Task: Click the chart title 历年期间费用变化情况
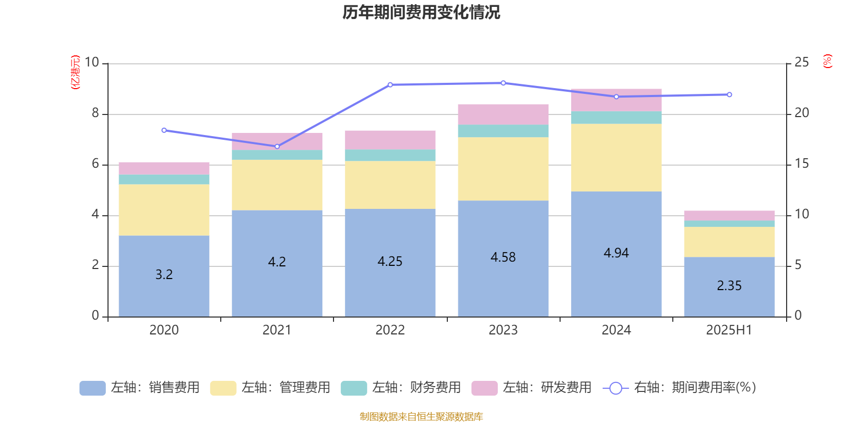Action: [421, 12]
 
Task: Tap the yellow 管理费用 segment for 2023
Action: [503, 169]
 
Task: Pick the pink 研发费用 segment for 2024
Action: [616, 100]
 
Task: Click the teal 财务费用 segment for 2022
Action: [390, 155]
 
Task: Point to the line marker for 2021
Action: [277, 146]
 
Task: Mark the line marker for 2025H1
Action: [729, 94]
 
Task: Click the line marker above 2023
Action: [503, 83]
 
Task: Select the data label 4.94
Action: [616, 253]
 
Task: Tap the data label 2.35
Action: [729, 286]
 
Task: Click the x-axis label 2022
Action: [390, 330]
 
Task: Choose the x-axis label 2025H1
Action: [729, 330]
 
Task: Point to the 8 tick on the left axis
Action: [95, 113]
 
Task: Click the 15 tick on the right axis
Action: [801, 164]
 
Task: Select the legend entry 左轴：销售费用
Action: [140, 388]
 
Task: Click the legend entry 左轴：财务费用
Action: [401, 388]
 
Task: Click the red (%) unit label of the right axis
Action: [827, 61]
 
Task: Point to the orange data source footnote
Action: [421, 417]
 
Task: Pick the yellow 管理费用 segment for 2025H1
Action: [729, 242]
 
